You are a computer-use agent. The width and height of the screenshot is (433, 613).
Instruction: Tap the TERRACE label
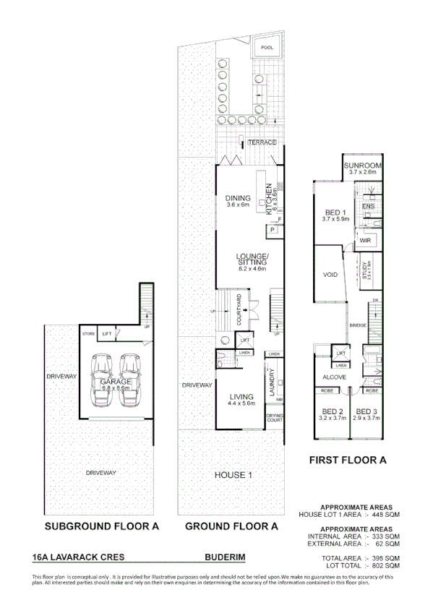click(x=262, y=142)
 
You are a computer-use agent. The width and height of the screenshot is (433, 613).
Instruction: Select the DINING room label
click(x=237, y=198)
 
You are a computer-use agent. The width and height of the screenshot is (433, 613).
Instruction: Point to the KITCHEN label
click(x=268, y=197)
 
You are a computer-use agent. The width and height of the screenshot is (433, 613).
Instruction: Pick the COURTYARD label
click(x=239, y=313)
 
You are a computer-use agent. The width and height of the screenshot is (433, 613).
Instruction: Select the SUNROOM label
click(x=364, y=166)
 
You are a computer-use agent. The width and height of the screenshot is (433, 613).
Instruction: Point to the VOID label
click(x=331, y=275)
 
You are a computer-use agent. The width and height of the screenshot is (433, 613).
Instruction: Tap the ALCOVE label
click(x=335, y=377)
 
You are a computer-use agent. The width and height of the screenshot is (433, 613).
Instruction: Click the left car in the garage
click(x=102, y=380)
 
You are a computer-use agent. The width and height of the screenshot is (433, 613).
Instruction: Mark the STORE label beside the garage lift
click(x=89, y=334)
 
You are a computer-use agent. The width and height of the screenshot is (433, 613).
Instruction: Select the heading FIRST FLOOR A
click(x=348, y=460)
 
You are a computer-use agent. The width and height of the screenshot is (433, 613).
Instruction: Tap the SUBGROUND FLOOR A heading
click(x=102, y=526)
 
